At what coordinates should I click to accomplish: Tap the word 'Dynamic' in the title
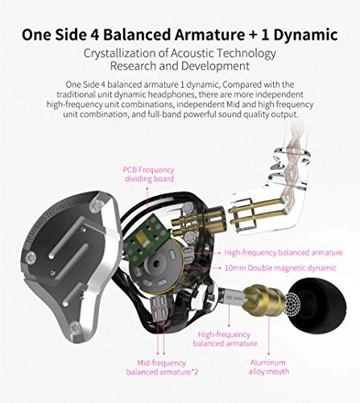[309, 34]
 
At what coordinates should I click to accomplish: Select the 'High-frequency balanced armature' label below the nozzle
[224, 338]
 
